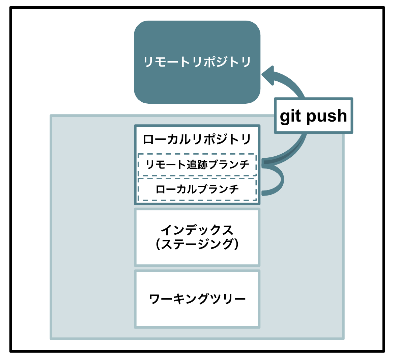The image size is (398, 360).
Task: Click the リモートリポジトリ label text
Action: tap(197, 62)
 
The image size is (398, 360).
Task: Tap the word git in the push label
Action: tap(290, 116)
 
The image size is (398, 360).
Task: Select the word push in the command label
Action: tap(326, 116)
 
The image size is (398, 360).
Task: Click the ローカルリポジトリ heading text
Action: tap(197, 139)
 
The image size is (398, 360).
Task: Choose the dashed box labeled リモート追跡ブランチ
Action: tap(197, 164)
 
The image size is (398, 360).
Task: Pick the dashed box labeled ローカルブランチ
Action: tap(197, 189)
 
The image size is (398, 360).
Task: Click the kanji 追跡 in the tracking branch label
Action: tap(197, 164)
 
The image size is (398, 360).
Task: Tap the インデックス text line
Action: tap(197, 230)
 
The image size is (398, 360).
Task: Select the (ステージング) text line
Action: tap(197, 244)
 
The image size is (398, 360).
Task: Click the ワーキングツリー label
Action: tap(197, 299)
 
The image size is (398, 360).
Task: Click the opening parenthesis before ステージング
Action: tap(158, 244)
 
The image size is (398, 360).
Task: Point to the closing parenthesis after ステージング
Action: tap(236, 244)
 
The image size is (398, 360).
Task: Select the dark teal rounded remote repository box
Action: tap(197, 62)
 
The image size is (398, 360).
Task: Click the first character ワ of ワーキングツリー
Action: tap(154, 299)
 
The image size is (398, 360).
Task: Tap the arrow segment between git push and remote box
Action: tap(289, 82)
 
